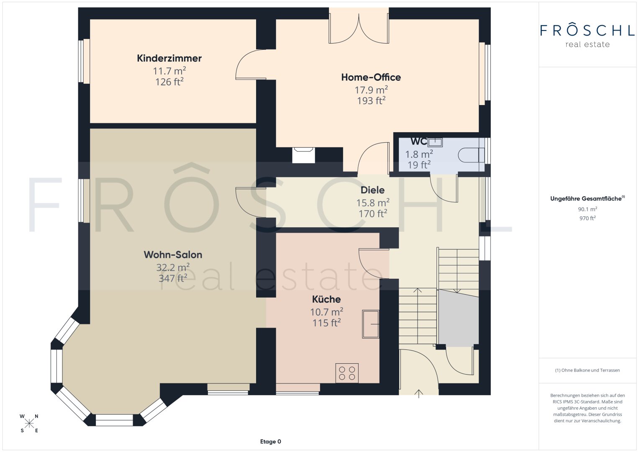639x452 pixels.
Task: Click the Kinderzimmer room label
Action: click(x=169, y=58)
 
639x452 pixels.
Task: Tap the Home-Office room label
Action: click(x=371, y=77)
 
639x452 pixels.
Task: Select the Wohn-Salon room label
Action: click(x=173, y=254)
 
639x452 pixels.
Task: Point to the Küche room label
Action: click(x=326, y=299)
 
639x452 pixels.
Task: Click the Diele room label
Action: click(x=372, y=190)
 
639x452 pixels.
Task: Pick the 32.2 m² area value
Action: click(x=173, y=267)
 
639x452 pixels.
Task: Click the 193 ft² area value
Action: click(x=371, y=100)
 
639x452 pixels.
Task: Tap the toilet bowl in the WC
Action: click(x=471, y=155)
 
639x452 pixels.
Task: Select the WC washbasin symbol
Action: click(x=435, y=142)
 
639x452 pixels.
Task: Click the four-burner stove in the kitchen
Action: click(x=347, y=373)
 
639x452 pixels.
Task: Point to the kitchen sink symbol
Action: click(x=371, y=324)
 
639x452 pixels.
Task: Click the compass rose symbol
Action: click(x=29, y=424)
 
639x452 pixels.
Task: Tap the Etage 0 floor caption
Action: click(x=270, y=442)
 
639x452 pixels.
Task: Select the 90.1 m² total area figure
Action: click(x=588, y=209)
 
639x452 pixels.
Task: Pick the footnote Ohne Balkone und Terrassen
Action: click(x=588, y=370)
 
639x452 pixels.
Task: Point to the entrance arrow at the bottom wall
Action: click(x=418, y=393)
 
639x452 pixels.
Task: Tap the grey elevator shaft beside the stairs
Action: click(x=458, y=318)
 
